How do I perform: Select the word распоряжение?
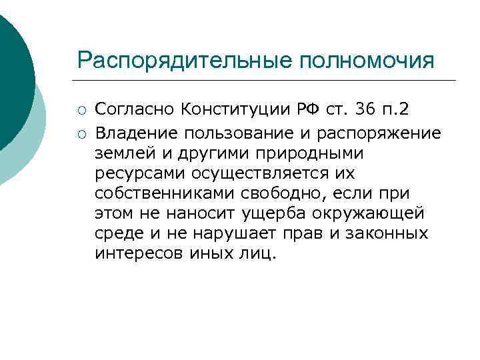pyautogui.click(x=382, y=133)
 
